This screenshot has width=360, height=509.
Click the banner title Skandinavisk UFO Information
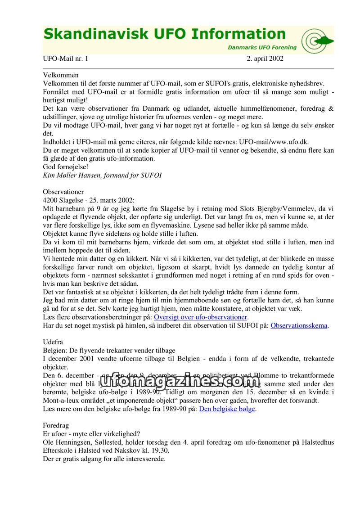165,34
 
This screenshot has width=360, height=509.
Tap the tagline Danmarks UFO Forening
262,47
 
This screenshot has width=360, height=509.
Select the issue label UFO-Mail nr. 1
66,59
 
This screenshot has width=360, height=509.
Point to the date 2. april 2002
265,59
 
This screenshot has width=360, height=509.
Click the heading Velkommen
61,75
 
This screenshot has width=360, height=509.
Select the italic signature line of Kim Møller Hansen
102,175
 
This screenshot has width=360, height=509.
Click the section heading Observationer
63,192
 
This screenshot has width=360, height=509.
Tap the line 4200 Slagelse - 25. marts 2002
89,200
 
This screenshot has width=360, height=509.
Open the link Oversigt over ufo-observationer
201,317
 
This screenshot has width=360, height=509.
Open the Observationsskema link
299,325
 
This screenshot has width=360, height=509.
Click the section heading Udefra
53,342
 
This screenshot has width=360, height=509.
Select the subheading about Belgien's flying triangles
109,350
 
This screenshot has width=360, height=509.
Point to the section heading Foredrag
56,425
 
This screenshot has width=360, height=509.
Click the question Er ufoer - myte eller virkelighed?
91,434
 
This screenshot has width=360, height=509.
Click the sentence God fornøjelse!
65,167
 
